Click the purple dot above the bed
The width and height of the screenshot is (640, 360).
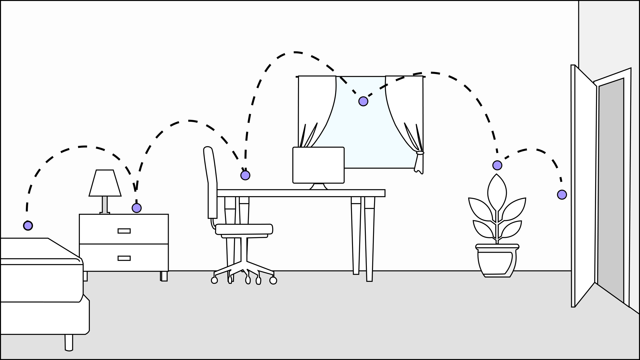(28, 225)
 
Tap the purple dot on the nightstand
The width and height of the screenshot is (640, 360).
(136, 208)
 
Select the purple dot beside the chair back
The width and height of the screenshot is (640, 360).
(245, 175)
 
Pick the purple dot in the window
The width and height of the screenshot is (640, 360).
(363, 101)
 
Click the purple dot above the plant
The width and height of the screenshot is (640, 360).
(497, 165)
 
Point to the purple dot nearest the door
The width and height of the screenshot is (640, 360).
(562, 195)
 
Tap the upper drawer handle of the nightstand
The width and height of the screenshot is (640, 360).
(124, 231)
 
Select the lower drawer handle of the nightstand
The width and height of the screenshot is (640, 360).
(124, 258)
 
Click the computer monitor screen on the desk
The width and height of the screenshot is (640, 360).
(318, 165)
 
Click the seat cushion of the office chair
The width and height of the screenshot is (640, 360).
(244, 229)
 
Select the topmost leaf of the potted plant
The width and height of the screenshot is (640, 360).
(497, 192)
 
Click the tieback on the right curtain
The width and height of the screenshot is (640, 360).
(420, 153)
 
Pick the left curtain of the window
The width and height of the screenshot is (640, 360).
(317, 108)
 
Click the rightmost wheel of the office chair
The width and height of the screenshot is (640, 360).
(273, 280)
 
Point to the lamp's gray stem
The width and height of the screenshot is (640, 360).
(105, 204)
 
